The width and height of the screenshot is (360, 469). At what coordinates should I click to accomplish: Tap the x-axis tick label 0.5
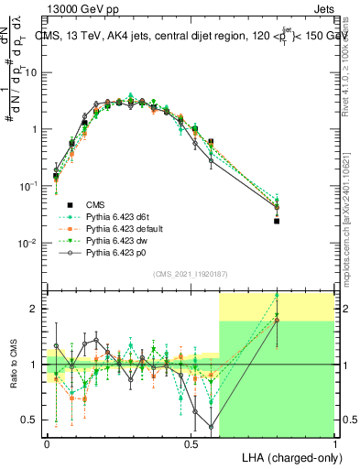[191, 442]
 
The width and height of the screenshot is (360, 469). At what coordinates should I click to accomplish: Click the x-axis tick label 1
[334, 442]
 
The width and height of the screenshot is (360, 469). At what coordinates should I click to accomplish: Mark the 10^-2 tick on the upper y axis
[33, 244]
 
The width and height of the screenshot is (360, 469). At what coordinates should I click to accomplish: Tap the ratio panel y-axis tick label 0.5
[33, 420]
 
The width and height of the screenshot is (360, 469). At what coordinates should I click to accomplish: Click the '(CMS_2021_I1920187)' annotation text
[191, 274]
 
